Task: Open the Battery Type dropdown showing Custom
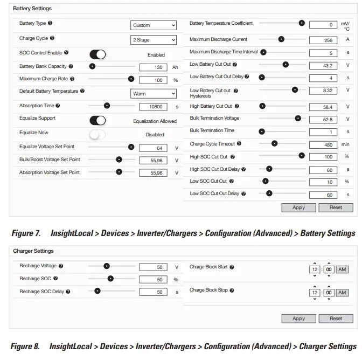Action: point(154,25)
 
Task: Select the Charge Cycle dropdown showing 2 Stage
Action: point(154,40)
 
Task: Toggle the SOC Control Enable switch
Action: point(98,54)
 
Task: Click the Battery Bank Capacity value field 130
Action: point(154,67)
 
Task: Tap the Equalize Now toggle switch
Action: point(98,135)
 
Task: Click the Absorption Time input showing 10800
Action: point(154,107)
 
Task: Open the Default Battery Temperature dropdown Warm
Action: point(154,94)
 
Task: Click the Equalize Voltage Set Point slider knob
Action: point(131,147)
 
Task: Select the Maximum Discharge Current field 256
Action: point(323,40)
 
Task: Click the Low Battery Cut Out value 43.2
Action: point(323,66)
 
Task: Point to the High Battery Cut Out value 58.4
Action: point(323,108)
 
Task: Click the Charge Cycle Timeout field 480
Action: point(323,145)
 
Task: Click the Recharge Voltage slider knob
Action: point(107,266)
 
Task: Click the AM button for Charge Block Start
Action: point(342,269)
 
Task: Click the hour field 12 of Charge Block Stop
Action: point(315,293)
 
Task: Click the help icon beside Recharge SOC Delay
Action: point(68,292)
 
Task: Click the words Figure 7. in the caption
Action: point(26,233)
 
